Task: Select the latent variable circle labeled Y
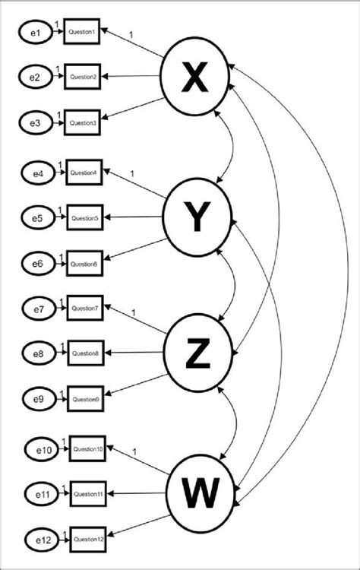point(197,218)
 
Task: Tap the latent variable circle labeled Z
point(197,354)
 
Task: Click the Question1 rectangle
point(82,33)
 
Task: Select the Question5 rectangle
point(84,218)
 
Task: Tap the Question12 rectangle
point(88,541)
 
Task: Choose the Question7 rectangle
point(84,309)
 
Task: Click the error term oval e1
point(33,33)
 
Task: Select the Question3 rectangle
point(82,122)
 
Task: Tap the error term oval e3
point(33,122)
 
